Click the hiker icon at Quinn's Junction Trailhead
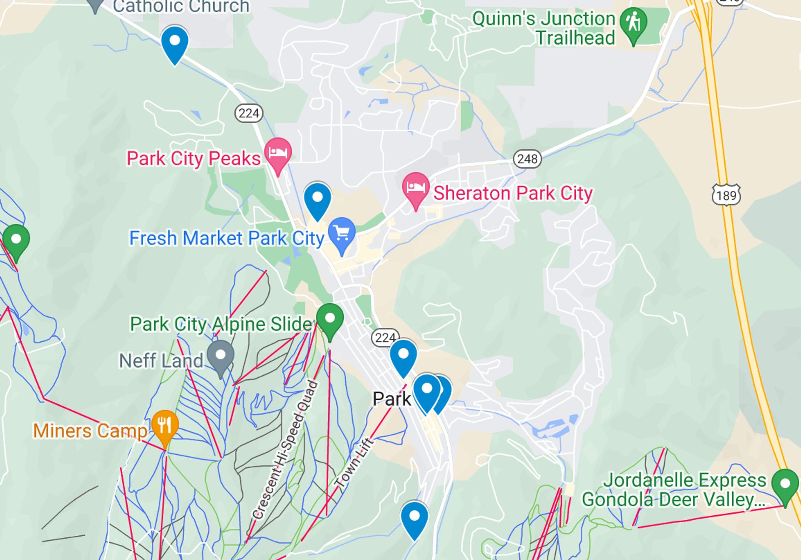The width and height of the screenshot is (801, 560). [x=633, y=22]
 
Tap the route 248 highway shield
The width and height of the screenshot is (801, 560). [x=527, y=159]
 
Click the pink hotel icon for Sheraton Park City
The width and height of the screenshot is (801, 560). [x=416, y=187]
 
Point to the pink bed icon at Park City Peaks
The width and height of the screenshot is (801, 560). [x=278, y=152]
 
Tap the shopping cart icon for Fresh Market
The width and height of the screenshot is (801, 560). [x=342, y=232]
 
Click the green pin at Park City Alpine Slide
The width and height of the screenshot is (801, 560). [x=330, y=319]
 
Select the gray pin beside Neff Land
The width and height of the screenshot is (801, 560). [x=221, y=356]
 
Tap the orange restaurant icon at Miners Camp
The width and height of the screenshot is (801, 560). [x=165, y=425]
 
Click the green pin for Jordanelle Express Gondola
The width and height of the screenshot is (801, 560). [x=785, y=484]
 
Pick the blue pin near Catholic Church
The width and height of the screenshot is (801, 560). [x=175, y=41]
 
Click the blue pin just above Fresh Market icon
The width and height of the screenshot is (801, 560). [x=317, y=198]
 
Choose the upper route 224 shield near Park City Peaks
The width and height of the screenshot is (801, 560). [x=249, y=113]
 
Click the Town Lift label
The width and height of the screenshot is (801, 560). [x=354, y=463]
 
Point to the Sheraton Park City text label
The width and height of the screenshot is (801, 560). [x=513, y=193]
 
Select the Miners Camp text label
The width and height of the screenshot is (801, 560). [x=90, y=431]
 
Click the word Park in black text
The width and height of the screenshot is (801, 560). [x=391, y=399]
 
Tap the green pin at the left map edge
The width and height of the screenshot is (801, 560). [x=16, y=240]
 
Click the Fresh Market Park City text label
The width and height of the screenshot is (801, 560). [x=227, y=238]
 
